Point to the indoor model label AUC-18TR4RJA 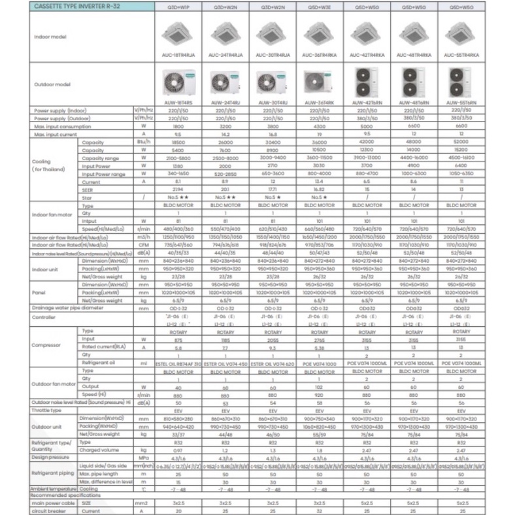point(178,56)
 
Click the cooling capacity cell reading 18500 point(178,141)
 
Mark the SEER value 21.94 point(178,188)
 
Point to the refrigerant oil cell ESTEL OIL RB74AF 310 point(178,362)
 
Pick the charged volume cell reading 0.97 point(178,450)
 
